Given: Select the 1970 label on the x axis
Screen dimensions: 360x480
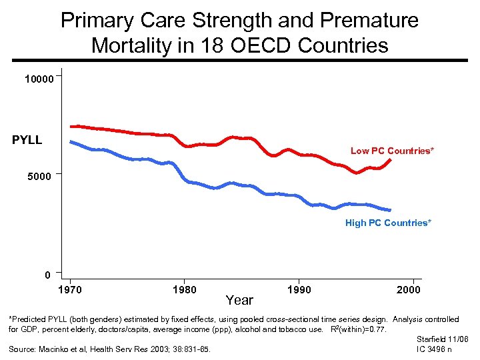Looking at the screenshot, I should click(70, 289).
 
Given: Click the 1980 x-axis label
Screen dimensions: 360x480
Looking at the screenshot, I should click(184, 289).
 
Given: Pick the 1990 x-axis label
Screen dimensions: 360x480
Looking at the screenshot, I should click(299, 289).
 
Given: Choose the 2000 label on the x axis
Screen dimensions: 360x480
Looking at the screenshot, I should click(408, 289).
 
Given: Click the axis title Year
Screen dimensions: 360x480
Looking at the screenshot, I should click(239, 300).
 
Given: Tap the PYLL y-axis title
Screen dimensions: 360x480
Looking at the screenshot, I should click(27, 140).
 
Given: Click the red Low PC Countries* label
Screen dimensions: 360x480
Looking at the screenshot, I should click(392, 151).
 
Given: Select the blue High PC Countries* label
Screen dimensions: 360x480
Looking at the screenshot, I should click(388, 223).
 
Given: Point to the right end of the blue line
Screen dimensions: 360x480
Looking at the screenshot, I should click(389, 210).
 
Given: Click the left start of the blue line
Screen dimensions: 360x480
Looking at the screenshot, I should click(71, 141).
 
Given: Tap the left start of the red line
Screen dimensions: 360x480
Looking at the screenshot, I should click(71, 126).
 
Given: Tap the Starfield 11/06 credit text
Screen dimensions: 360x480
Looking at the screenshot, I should click(442, 339).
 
